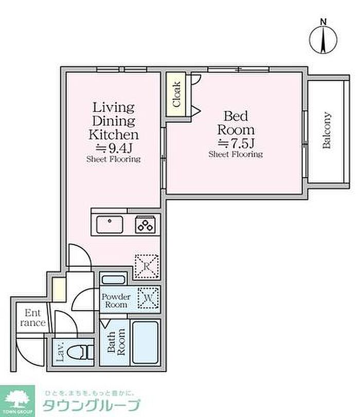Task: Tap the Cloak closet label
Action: click(177, 95)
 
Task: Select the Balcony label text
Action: click(327, 130)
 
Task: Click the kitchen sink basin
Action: click(110, 225)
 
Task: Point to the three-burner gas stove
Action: click(145, 225)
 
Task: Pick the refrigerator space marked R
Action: click(147, 266)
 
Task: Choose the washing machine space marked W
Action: click(148, 298)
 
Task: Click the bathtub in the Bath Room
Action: click(145, 342)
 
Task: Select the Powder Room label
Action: click(116, 300)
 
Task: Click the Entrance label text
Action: click(33, 318)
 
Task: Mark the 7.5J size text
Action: click(236, 143)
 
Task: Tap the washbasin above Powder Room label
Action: click(113, 280)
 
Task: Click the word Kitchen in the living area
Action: click(114, 135)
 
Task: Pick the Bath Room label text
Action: click(116, 342)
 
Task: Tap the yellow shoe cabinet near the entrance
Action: click(59, 289)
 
